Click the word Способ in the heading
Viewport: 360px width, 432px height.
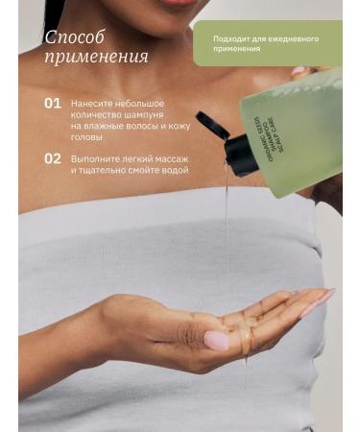click(x=75, y=38)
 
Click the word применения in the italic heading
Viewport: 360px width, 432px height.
click(x=96, y=58)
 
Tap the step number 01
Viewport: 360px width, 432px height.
click(x=53, y=102)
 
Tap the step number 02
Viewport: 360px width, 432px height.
click(x=53, y=157)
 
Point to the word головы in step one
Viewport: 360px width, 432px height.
click(x=87, y=137)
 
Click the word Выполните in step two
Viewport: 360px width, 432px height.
click(x=96, y=157)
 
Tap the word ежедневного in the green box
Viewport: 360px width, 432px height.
click(x=294, y=38)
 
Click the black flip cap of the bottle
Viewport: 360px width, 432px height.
click(x=220, y=141)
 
